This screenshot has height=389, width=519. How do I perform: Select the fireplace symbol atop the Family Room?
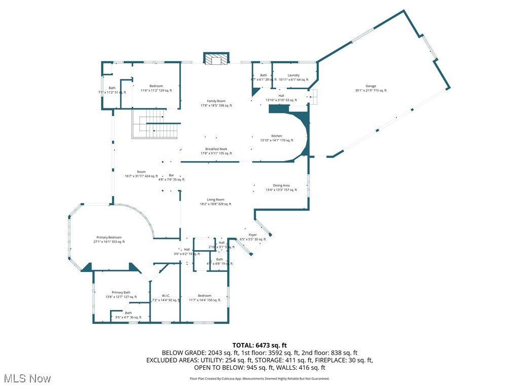point(216,59)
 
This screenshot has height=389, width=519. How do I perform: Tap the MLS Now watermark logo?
point(26,378)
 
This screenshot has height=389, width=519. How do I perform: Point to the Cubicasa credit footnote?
point(259,378)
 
